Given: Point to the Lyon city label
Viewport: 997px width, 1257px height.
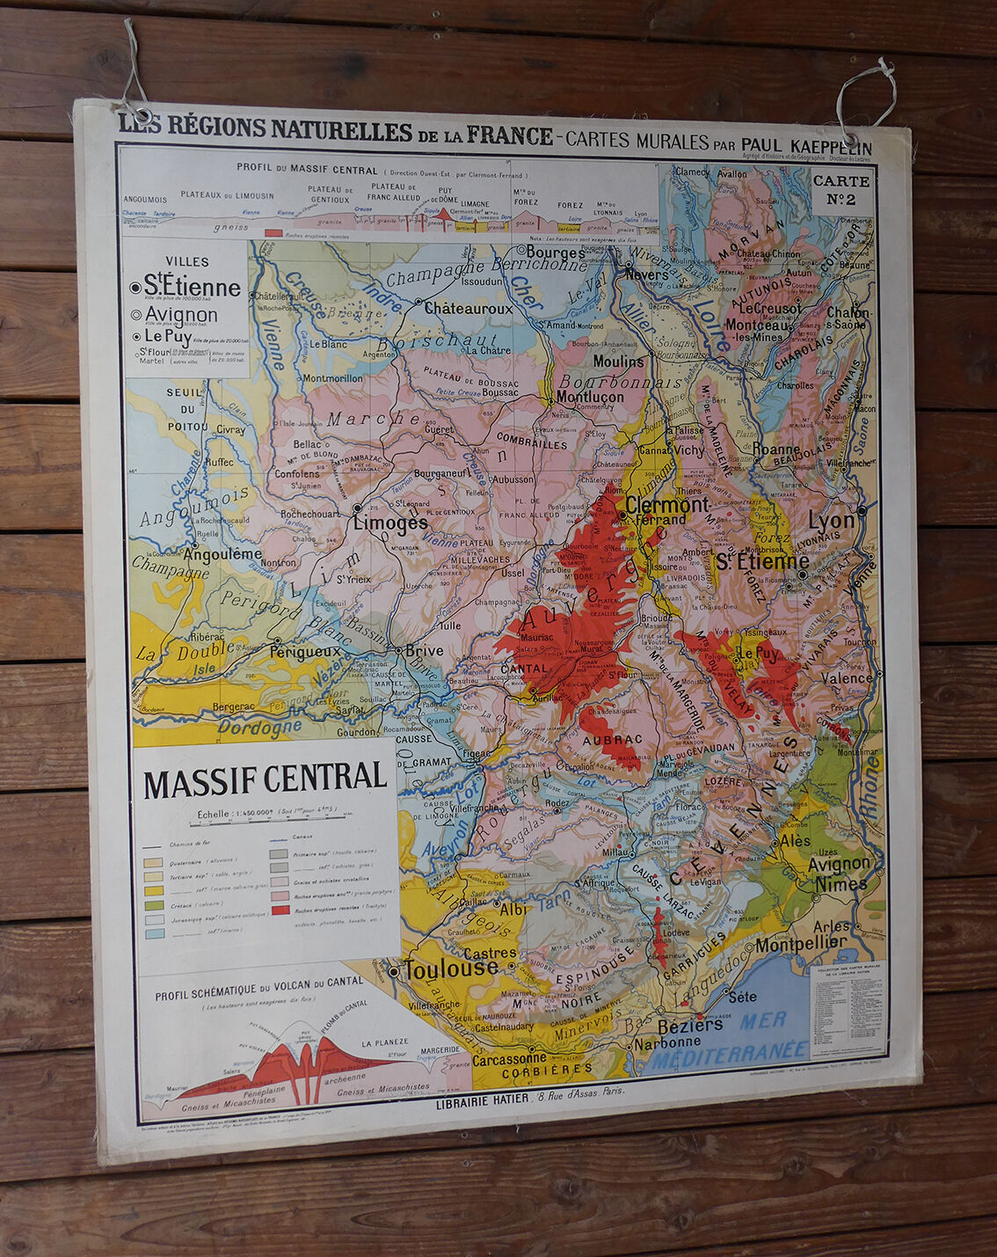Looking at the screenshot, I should point(831,520).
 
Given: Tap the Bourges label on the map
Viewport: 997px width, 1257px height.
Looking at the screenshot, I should point(555,252).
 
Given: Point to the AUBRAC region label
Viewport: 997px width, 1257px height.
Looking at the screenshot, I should point(612,740).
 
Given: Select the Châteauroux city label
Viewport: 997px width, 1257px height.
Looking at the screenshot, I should point(468,309).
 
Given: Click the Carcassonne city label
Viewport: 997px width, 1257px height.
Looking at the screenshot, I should point(509,1059).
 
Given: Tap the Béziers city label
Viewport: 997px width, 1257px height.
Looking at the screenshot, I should point(690,1025).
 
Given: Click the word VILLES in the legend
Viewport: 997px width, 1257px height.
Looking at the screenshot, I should point(186,261).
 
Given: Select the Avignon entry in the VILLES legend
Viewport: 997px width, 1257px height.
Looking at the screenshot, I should point(181,314).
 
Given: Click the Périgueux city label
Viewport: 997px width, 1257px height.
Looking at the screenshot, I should point(304,652).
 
